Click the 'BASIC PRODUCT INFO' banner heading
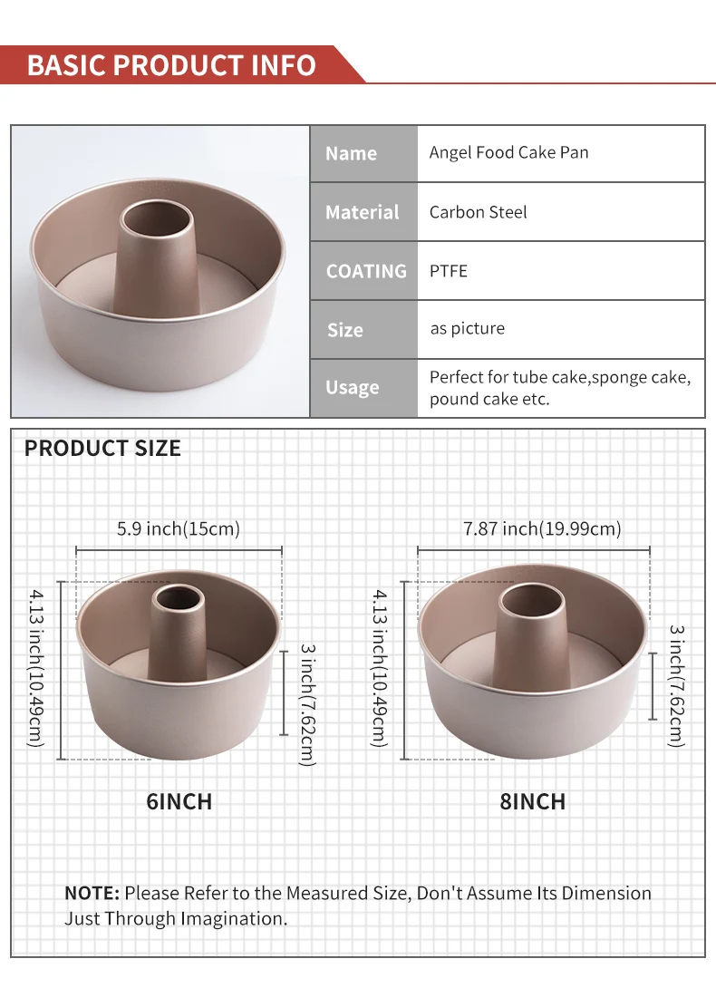coord(171,65)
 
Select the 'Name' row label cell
coord(363,153)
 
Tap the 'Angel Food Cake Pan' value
coord(508,153)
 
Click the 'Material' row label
coord(363,212)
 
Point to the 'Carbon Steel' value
coord(478,212)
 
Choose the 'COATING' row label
coord(366,271)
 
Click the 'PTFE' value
coord(449,271)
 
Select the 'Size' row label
coord(344,330)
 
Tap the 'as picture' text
coord(468,329)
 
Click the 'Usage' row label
coord(352,388)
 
